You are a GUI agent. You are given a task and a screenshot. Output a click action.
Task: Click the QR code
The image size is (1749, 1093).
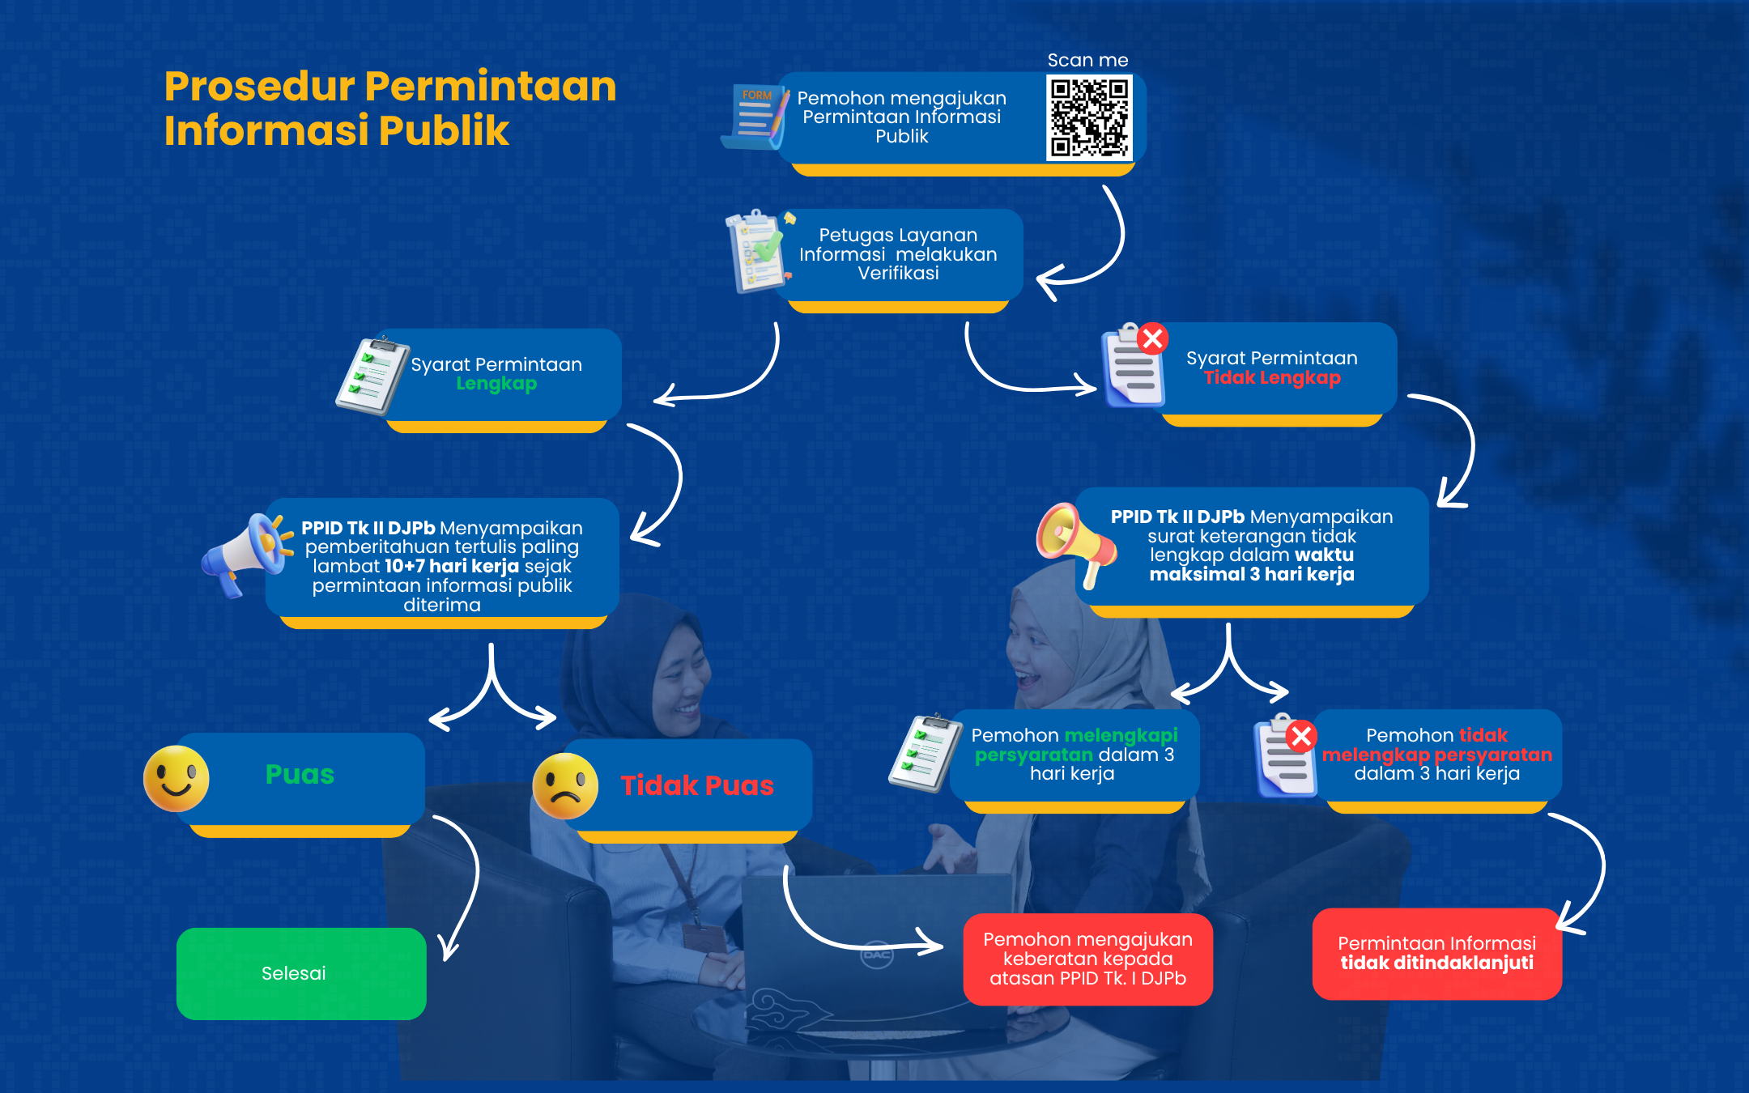pyautogui.click(x=1089, y=117)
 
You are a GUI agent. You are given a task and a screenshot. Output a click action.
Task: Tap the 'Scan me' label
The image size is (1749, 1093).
pyautogui.click(x=1087, y=60)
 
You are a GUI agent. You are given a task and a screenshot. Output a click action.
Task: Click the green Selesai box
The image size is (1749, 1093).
pyautogui.click(x=301, y=973)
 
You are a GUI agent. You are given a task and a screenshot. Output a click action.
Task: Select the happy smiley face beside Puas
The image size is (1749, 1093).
pyautogui.click(x=177, y=778)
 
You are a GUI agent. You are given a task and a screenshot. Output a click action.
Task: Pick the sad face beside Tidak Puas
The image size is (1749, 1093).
pyautogui.click(x=565, y=786)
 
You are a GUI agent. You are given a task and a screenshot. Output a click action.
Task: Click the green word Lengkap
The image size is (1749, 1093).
pyautogui.click(x=496, y=384)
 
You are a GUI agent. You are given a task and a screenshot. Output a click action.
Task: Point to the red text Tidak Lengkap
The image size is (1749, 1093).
pyautogui.click(x=1272, y=377)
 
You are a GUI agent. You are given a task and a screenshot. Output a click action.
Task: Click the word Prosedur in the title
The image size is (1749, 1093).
pyautogui.click(x=259, y=86)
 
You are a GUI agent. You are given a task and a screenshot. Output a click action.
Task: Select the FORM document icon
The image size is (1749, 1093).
pyautogui.click(x=755, y=117)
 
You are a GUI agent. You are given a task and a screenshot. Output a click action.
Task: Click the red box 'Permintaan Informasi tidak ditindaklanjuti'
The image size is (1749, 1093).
pyautogui.click(x=1436, y=954)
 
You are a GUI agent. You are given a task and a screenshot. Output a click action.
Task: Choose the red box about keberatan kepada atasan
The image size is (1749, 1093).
pyautogui.click(x=1087, y=959)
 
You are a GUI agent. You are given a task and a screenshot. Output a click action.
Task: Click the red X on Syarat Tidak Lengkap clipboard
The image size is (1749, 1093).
pyautogui.click(x=1153, y=338)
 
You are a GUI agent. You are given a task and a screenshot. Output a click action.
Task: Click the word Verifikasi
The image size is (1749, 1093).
pyautogui.click(x=898, y=273)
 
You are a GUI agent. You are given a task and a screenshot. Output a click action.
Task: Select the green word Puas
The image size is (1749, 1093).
pyautogui.click(x=300, y=774)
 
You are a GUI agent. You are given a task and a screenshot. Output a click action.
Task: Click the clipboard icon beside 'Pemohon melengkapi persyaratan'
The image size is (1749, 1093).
pyautogui.click(x=926, y=752)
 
